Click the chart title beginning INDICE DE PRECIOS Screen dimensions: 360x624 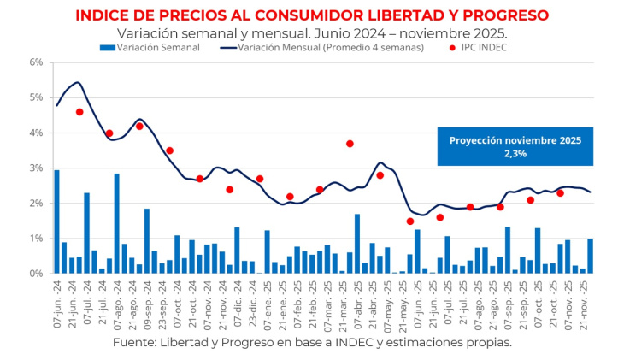[x=312, y=15]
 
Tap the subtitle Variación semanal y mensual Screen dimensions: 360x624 [x=312, y=32]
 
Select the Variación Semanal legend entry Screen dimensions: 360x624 [x=150, y=48]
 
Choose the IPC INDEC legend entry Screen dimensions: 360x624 [x=474, y=48]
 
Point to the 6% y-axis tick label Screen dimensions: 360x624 [x=36, y=62]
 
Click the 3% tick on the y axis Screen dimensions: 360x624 [x=36, y=168]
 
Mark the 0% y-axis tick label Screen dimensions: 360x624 [x=36, y=274]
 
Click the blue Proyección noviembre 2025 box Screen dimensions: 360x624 [x=515, y=147]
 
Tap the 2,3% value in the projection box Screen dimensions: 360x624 [x=515, y=154]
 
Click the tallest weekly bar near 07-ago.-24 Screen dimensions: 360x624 [x=116, y=223]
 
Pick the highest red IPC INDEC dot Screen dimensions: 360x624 [x=79, y=112]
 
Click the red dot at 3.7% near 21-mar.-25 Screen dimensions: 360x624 [x=350, y=144]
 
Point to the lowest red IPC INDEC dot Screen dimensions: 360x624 [x=410, y=221]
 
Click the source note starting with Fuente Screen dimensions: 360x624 [x=312, y=342]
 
